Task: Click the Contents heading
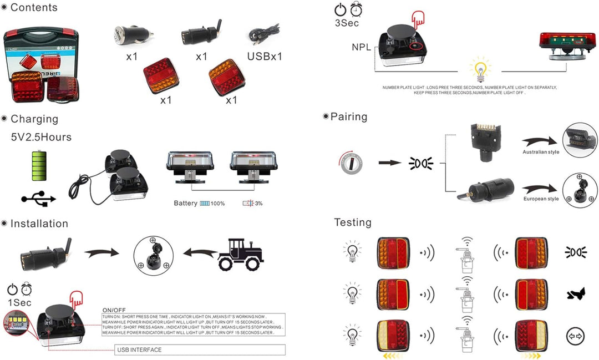[33, 7]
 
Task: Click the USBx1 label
[265, 57]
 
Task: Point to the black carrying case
[41, 65]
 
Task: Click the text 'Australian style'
[541, 152]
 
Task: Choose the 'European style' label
[541, 199]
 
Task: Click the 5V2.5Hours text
[41, 136]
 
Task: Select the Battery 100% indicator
[199, 204]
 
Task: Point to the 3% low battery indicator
[253, 204]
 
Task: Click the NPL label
[362, 47]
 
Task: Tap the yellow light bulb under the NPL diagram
[480, 71]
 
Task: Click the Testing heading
[353, 222]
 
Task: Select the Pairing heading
[348, 116]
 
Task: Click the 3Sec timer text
[347, 23]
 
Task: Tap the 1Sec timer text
[19, 302]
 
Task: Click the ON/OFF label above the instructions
[114, 310]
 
